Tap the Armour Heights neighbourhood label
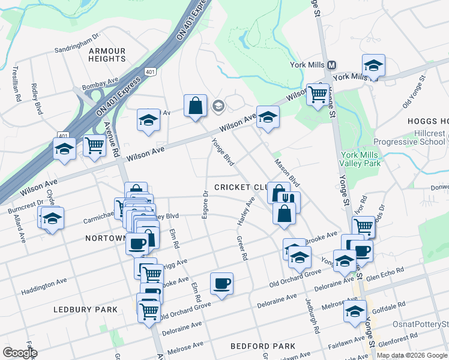(107, 55)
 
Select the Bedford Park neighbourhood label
(263, 346)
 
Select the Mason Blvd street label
(287, 172)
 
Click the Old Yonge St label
(415, 93)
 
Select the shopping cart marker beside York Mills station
(318, 94)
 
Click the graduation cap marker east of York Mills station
(373, 65)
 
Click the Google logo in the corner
(20, 353)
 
